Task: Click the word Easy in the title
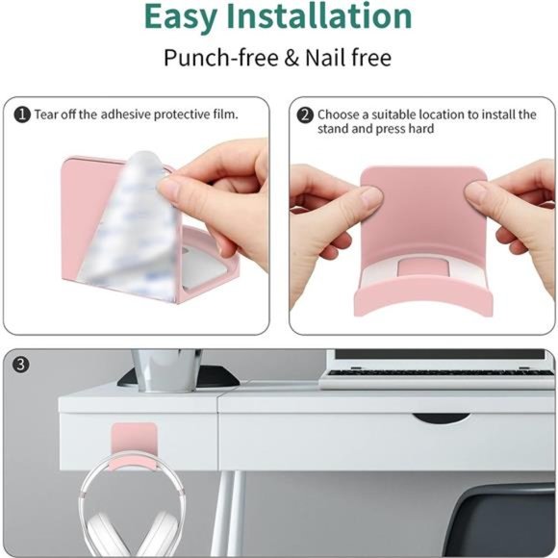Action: (181, 18)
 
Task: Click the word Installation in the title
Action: (319, 16)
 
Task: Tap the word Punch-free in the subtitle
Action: (221, 58)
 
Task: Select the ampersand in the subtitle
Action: (292, 58)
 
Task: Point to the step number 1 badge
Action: (22, 114)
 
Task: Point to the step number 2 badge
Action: (305, 115)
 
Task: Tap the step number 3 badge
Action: (20, 365)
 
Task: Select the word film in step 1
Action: (226, 114)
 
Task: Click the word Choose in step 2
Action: (338, 114)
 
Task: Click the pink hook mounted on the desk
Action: (134, 446)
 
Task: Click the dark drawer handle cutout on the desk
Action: (441, 418)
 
